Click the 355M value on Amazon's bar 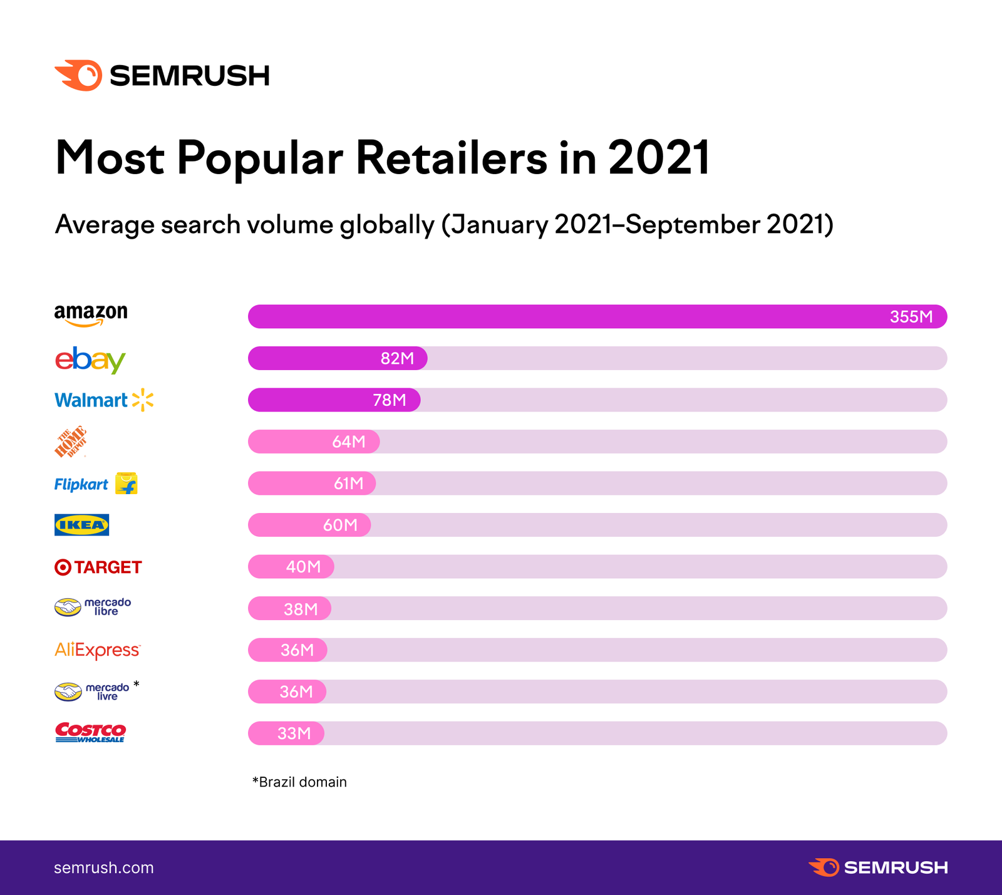point(911,317)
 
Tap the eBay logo point(90,360)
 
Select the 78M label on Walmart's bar point(389,400)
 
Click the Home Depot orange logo point(70,442)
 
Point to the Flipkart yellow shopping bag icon point(127,484)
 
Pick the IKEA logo point(81,525)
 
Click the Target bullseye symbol point(63,567)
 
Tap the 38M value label point(301,609)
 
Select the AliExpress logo point(97,650)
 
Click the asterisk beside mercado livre point(137,685)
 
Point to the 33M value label point(294,733)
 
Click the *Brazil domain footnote point(299,782)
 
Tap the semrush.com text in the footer point(103,867)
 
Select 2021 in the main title point(659,158)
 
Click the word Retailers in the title point(451,158)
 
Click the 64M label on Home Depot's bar point(348,442)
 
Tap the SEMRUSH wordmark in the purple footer point(896,867)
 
